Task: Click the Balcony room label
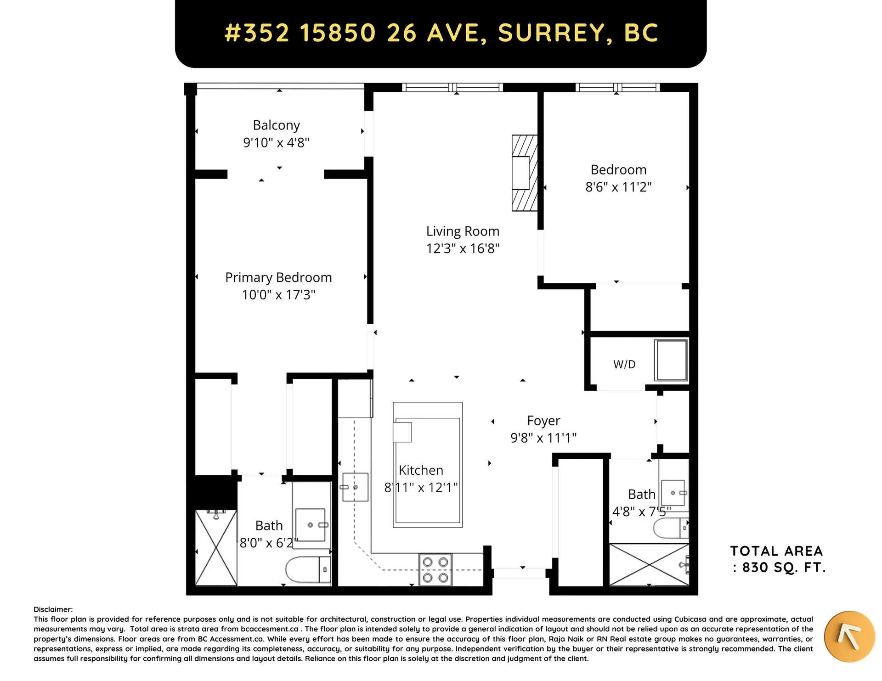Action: click(276, 125)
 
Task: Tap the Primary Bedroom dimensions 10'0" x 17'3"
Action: click(278, 295)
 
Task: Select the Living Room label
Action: click(463, 231)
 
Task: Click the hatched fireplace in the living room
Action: click(525, 173)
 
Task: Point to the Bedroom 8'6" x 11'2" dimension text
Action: click(618, 187)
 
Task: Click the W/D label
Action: click(624, 365)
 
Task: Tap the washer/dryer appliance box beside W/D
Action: click(671, 360)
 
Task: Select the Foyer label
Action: click(543, 421)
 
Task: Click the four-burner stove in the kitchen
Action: click(435, 570)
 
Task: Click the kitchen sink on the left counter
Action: click(355, 487)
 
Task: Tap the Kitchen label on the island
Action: click(421, 470)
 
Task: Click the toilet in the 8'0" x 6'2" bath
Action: click(308, 570)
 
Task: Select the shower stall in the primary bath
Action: click(216, 548)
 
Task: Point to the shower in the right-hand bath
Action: click(649, 565)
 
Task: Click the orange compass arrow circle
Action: click(849, 636)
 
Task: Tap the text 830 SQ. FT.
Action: click(784, 568)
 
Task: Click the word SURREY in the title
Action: click(555, 33)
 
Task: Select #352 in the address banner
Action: click(257, 33)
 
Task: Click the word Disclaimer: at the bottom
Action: click(53, 609)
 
